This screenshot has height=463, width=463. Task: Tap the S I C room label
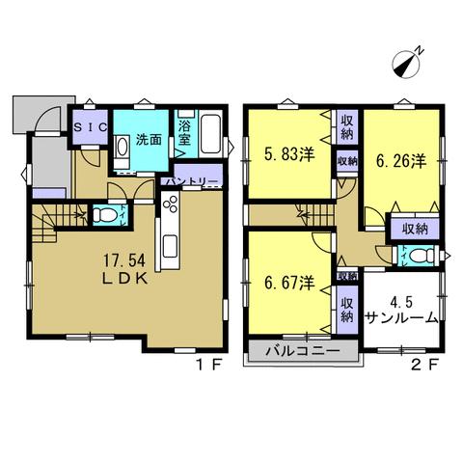tap(91, 127)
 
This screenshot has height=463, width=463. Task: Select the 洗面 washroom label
tap(149, 140)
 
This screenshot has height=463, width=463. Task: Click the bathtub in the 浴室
tap(210, 134)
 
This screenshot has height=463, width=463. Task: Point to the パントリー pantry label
tap(192, 181)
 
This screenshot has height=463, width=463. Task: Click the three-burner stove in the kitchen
tap(170, 204)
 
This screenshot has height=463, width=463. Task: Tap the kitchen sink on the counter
tap(170, 246)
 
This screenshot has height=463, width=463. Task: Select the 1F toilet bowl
tap(104, 215)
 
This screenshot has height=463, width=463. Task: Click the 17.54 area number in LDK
tap(124, 260)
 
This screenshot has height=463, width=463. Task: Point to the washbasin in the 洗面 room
tap(123, 149)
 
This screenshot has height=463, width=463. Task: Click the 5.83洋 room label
tap(289, 154)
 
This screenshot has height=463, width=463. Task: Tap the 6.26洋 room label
tap(401, 161)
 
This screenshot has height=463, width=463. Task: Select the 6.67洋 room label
tap(289, 283)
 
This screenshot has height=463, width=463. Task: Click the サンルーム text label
tap(402, 318)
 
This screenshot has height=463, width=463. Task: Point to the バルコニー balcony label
tap(303, 350)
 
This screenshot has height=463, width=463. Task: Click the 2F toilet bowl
tap(421, 257)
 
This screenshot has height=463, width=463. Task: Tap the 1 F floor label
tap(209, 365)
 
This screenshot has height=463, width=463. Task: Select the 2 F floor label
tap(425, 365)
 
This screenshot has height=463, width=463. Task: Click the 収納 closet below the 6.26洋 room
tap(416, 230)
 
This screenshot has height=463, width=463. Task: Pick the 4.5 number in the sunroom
tap(402, 302)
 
